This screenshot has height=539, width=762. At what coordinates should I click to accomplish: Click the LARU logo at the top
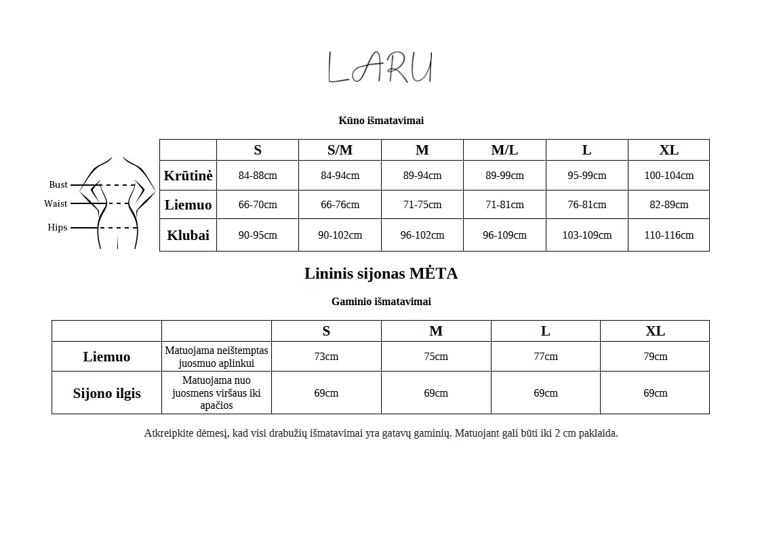click(x=380, y=68)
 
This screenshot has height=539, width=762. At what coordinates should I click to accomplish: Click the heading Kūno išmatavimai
click(x=381, y=121)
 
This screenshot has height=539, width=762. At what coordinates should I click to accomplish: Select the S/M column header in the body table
click(x=340, y=151)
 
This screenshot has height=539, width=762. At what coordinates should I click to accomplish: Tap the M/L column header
click(x=504, y=151)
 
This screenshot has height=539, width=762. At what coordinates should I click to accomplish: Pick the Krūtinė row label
click(x=188, y=176)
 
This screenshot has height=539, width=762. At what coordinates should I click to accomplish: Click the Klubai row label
click(x=188, y=235)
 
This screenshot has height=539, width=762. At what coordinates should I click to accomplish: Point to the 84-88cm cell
click(x=258, y=176)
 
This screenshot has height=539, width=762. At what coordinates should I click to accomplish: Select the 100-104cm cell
click(x=668, y=176)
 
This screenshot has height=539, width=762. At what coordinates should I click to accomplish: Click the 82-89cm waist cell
click(x=668, y=205)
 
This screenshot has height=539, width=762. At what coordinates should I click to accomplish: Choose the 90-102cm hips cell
click(x=340, y=235)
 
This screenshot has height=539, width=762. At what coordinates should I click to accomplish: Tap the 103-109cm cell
click(x=586, y=235)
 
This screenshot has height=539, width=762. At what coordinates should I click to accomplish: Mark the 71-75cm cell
click(x=422, y=205)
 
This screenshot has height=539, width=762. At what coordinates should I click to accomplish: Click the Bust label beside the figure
click(x=58, y=184)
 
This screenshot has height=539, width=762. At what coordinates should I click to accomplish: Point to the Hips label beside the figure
click(x=58, y=228)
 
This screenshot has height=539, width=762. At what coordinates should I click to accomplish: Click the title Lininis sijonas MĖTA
click(x=381, y=274)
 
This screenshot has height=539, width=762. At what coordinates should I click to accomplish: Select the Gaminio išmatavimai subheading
click(x=381, y=302)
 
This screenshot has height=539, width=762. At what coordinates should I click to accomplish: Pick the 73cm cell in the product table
click(x=326, y=357)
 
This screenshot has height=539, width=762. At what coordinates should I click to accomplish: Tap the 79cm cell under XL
click(x=655, y=357)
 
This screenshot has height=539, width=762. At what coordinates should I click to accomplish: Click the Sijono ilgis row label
click(x=107, y=393)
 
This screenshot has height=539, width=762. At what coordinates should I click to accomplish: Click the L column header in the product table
click(x=545, y=332)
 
